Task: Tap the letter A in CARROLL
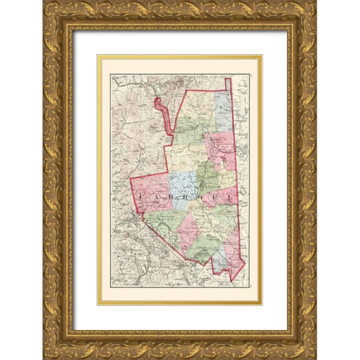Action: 156,196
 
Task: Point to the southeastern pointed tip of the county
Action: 234,280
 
